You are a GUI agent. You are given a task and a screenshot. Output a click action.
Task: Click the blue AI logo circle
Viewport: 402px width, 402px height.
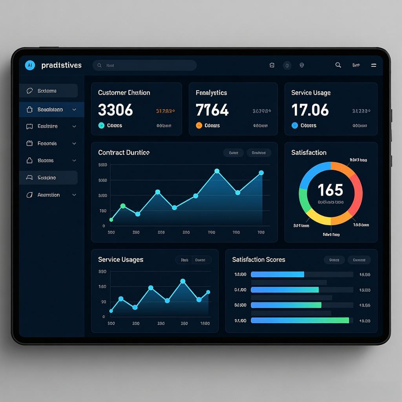pos(30,65)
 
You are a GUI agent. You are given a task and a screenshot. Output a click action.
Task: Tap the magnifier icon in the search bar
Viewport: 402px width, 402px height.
pos(100,66)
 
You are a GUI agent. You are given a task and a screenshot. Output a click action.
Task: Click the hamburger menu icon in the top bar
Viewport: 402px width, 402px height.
pos(374,65)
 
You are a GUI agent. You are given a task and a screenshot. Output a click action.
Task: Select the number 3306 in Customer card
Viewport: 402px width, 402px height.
pos(115,110)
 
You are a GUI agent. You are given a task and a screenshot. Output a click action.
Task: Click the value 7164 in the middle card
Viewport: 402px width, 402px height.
pos(212,110)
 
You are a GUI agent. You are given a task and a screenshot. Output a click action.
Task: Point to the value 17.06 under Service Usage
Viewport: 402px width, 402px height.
pos(310,110)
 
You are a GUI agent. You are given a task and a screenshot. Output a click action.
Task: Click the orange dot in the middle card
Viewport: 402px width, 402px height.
pos(199,126)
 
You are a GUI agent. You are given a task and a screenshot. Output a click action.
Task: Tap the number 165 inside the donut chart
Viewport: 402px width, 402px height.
pos(330,190)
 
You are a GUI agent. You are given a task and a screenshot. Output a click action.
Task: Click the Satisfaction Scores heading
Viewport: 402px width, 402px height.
pos(258,259)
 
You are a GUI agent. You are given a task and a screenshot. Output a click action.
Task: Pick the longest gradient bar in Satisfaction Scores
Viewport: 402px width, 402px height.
pos(300,320)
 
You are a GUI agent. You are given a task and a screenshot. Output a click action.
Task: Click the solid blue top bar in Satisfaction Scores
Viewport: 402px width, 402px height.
pos(277,274)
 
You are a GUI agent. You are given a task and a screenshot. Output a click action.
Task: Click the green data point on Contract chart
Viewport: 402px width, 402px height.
pos(123,206)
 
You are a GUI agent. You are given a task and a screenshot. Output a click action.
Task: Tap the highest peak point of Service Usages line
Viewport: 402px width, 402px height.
pos(183,281)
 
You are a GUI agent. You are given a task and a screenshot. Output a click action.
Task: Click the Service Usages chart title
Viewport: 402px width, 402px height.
pos(121,259)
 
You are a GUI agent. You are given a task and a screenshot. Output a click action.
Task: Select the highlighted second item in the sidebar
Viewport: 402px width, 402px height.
pos(51,110)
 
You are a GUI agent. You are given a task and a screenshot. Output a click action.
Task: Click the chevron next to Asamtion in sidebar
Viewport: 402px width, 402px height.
pos(74,195)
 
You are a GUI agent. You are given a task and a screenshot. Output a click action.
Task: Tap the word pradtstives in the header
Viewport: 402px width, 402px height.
pos(61,65)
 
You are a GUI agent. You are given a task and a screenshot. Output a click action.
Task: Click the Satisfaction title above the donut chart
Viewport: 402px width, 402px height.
pos(309,152)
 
